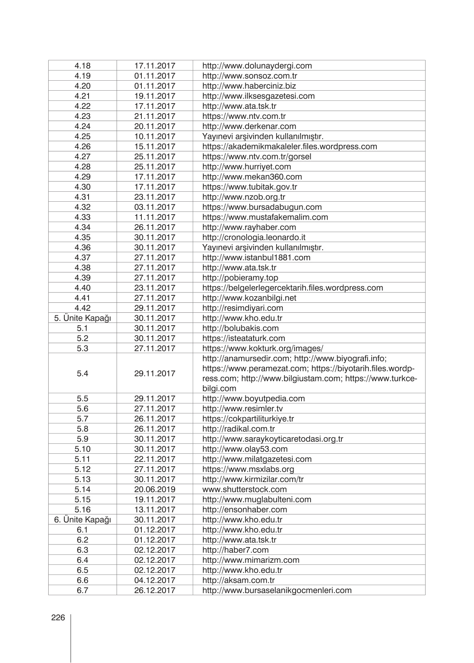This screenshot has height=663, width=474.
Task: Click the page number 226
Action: pyautogui.click(x=58, y=618)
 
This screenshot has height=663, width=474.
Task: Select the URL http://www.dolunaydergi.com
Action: pyautogui.click(x=257, y=66)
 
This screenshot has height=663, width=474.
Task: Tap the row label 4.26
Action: pyautogui.click(x=82, y=146)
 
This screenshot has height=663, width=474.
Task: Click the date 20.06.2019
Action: pyautogui.click(x=155, y=490)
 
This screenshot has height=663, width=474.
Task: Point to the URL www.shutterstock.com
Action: pyautogui.click(x=244, y=490)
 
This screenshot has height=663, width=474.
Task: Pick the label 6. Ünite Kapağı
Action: pyautogui.click(x=82, y=520)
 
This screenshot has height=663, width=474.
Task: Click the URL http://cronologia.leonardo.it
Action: pyautogui.click(x=254, y=237)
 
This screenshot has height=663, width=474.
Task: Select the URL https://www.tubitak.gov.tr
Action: pyautogui.click(x=249, y=187)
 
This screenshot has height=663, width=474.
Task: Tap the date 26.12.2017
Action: pyautogui.click(x=155, y=590)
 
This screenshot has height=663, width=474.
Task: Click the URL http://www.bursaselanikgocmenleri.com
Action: pyautogui.click(x=277, y=590)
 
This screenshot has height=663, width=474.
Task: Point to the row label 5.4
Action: pyautogui.click(x=82, y=374)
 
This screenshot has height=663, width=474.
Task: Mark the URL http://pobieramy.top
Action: pyautogui.click(x=240, y=278)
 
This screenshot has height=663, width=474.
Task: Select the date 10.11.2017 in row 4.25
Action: pyautogui.click(x=155, y=136)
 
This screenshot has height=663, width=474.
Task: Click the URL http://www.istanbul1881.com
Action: pyautogui.click(x=256, y=257)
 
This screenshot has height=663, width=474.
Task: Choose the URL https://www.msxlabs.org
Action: pyautogui.click(x=248, y=469)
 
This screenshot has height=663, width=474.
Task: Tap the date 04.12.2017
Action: pyautogui.click(x=155, y=580)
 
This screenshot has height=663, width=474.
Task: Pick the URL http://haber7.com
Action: pyautogui.click(x=235, y=550)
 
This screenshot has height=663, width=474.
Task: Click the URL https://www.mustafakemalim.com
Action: pyautogui.click(x=265, y=217)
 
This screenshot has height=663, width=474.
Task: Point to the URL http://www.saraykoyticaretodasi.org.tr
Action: pyautogui.click(x=273, y=439)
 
